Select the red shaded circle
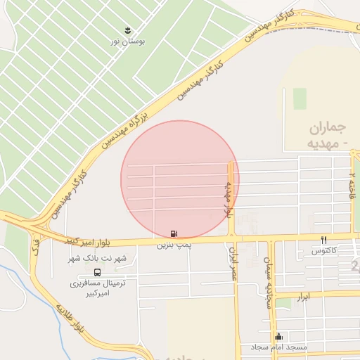[179, 179]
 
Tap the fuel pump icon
[174, 233]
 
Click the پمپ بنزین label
[174, 245]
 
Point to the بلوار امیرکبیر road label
[89, 241]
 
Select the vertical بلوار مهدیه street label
[229, 200]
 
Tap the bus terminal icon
[96, 272]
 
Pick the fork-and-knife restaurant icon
[324, 240]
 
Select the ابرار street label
[303, 297]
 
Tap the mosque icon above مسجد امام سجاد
[279, 336]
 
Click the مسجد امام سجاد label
[279, 348]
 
